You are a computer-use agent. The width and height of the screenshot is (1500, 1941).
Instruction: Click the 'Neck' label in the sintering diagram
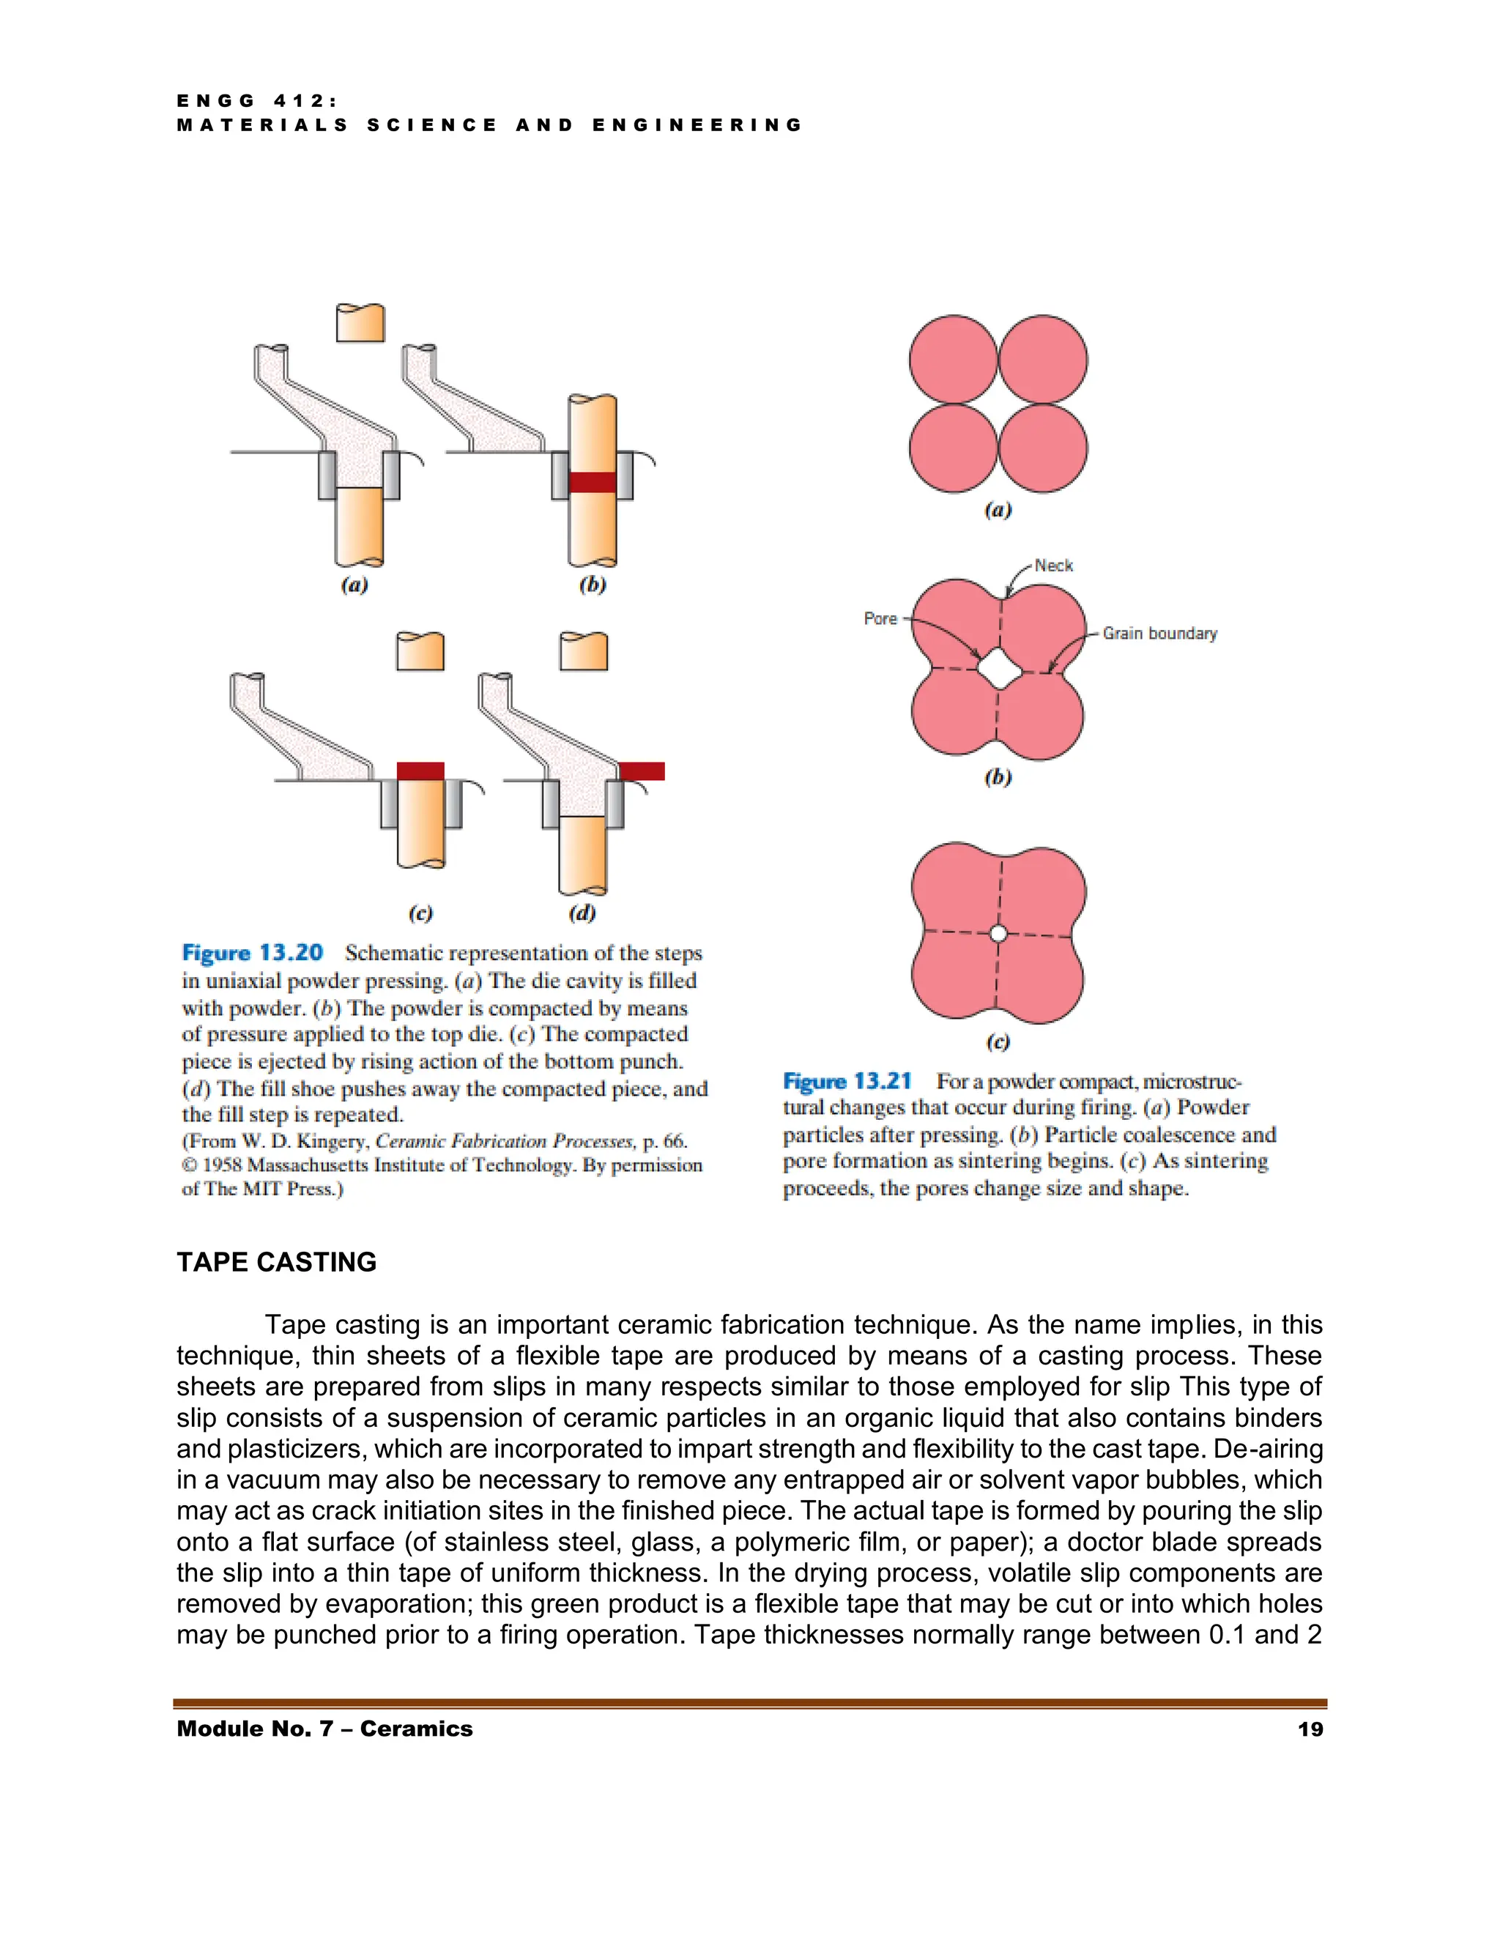(x=1053, y=565)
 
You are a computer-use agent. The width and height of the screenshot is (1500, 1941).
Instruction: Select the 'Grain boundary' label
(x=1159, y=633)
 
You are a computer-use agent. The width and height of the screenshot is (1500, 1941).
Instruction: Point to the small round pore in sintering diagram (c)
(x=998, y=933)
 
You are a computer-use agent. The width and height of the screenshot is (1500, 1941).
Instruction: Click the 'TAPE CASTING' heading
(x=276, y=1262)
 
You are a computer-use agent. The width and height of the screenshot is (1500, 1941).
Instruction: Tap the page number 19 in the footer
(x=1310, y=1729)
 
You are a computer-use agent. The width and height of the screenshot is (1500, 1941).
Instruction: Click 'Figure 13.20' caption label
(x=253, y=953)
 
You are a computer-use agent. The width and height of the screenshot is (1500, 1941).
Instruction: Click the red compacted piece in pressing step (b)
(x=592, y=482)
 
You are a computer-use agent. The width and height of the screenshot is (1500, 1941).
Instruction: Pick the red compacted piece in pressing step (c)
(x=420, y=771)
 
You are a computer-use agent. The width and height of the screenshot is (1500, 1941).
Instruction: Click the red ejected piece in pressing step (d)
(x=642, y=771)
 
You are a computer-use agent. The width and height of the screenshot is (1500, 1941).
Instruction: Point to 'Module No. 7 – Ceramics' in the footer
(x=324, y=1729)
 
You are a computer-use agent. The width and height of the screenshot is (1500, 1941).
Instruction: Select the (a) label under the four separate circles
(x=998, y=510)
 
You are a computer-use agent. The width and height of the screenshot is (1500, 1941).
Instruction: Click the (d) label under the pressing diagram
(x=582, y=913)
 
